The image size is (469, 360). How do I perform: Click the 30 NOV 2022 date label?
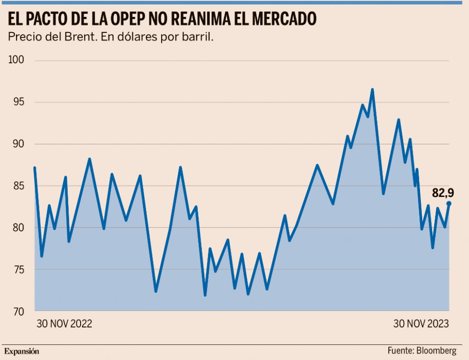point(65,324)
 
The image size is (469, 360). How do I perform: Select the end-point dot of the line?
point(449,203)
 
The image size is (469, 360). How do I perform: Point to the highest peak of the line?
point(372,90)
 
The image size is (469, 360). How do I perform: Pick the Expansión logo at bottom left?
point(22,351)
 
